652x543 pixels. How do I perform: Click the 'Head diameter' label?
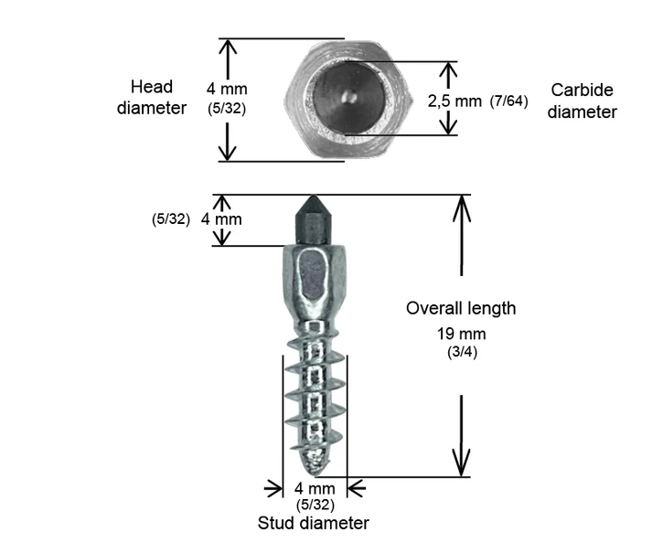coord(152,97)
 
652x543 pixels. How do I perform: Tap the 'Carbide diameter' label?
coord(582,101)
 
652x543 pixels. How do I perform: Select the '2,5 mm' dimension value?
coord(454,101)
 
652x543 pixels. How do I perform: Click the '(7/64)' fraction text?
coord(508,101)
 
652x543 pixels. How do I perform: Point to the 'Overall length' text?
coord(461,308)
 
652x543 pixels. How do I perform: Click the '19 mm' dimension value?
coord(461,334)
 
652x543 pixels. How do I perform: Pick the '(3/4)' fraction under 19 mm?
coord(462,352)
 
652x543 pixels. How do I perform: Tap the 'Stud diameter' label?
coord(313,523)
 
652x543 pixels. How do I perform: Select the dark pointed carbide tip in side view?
coord(313,220)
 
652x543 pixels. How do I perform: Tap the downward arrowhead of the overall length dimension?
coord(462,463)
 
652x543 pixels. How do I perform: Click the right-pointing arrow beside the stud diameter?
coord(273,488)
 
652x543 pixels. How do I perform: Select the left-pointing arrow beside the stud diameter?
coord(357,488)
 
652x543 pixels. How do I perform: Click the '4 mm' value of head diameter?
coord(227,89)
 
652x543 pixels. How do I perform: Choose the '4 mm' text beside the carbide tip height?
coord(221,219)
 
